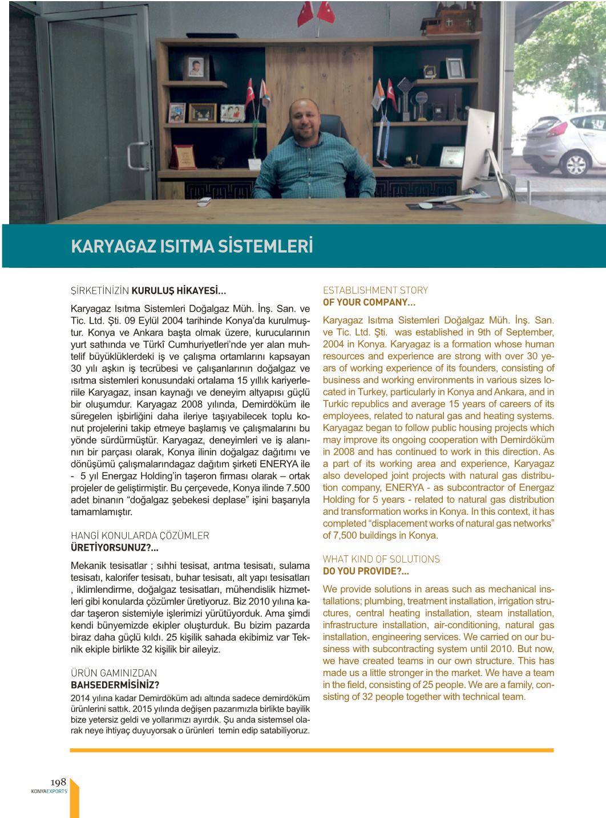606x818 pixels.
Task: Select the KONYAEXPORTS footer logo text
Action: point(49,791)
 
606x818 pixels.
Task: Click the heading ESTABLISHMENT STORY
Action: point(375,290)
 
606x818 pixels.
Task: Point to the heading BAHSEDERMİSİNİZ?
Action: point(115,685)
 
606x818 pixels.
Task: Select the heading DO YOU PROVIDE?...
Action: point(366,571)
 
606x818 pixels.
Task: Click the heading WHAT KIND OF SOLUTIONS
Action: point(381,559)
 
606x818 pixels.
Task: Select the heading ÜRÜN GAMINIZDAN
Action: point(114,673)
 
